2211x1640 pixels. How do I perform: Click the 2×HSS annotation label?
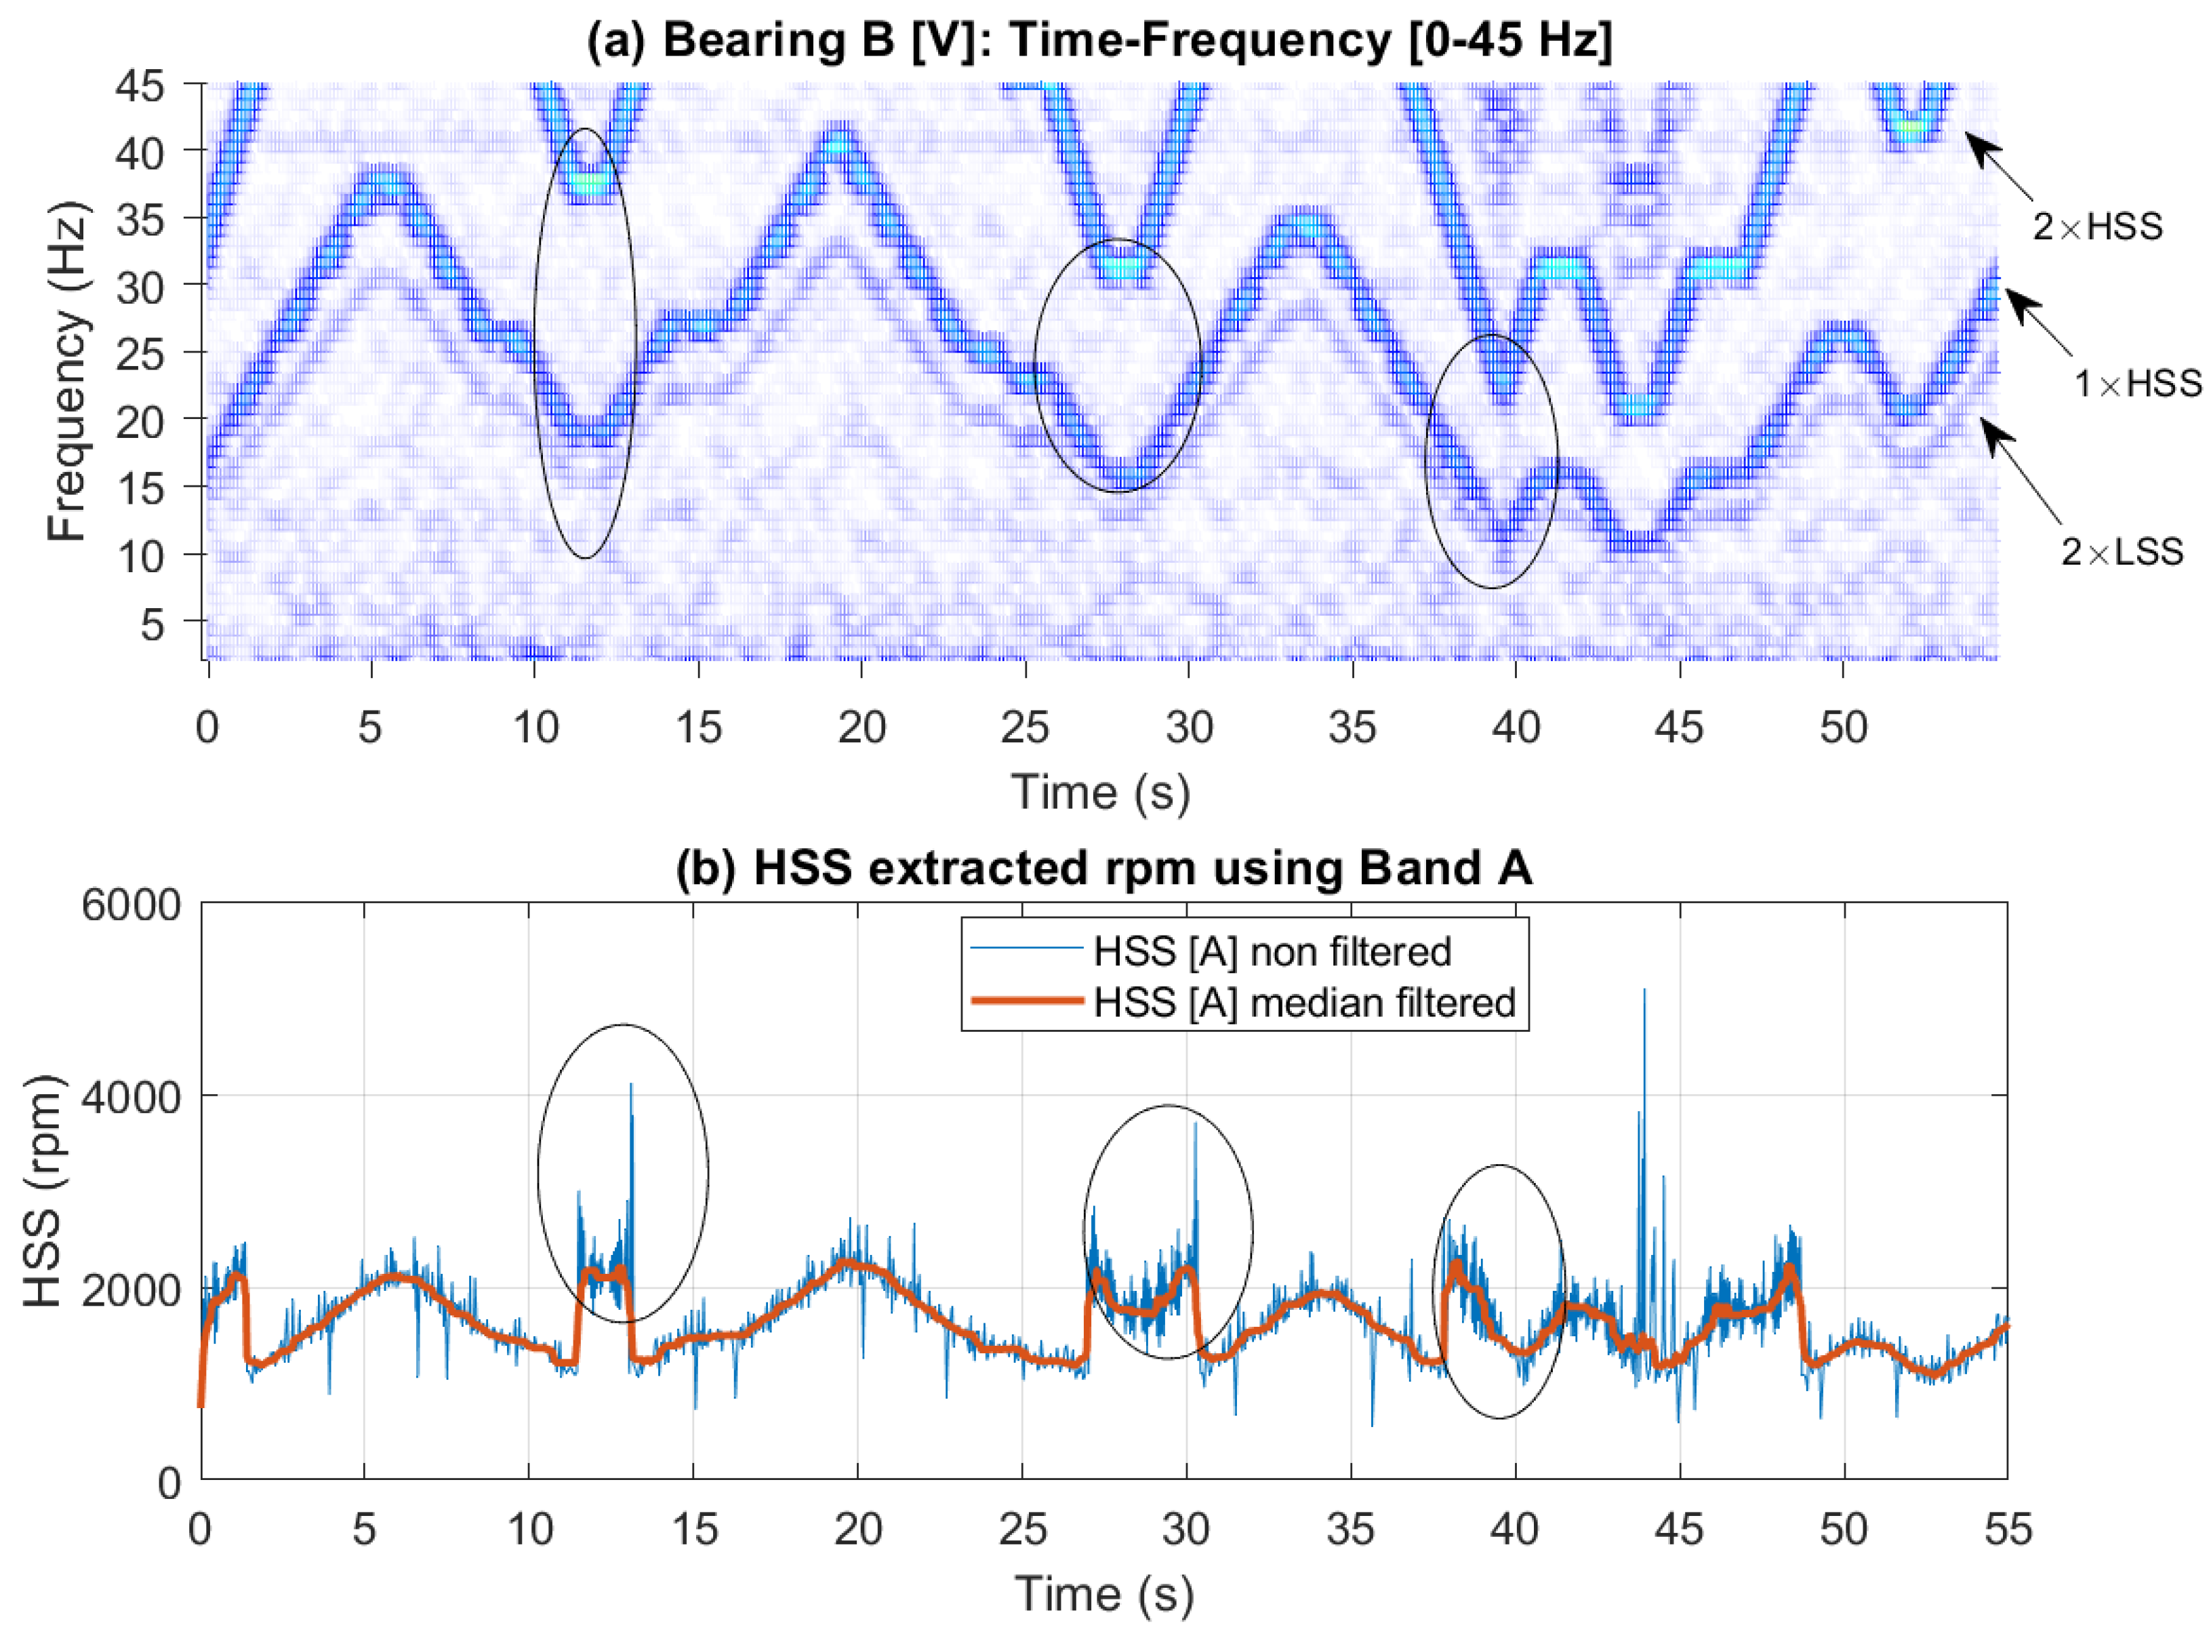coord(2096,227)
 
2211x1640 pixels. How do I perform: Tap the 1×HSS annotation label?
coord(2136,383)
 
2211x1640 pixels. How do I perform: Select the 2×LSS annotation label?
coord(2122,551)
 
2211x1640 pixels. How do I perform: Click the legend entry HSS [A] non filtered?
coord(1272,952)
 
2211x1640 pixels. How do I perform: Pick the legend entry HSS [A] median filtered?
coord(1304,1003)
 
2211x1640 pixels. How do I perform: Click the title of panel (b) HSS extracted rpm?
coord(1103,868)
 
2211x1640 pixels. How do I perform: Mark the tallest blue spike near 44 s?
coord(1644,991)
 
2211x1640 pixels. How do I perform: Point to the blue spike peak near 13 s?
coord(630,1085)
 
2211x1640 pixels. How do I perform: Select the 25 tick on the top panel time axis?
coord(1024,727)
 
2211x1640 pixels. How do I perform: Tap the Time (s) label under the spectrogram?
coord(1099,792)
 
